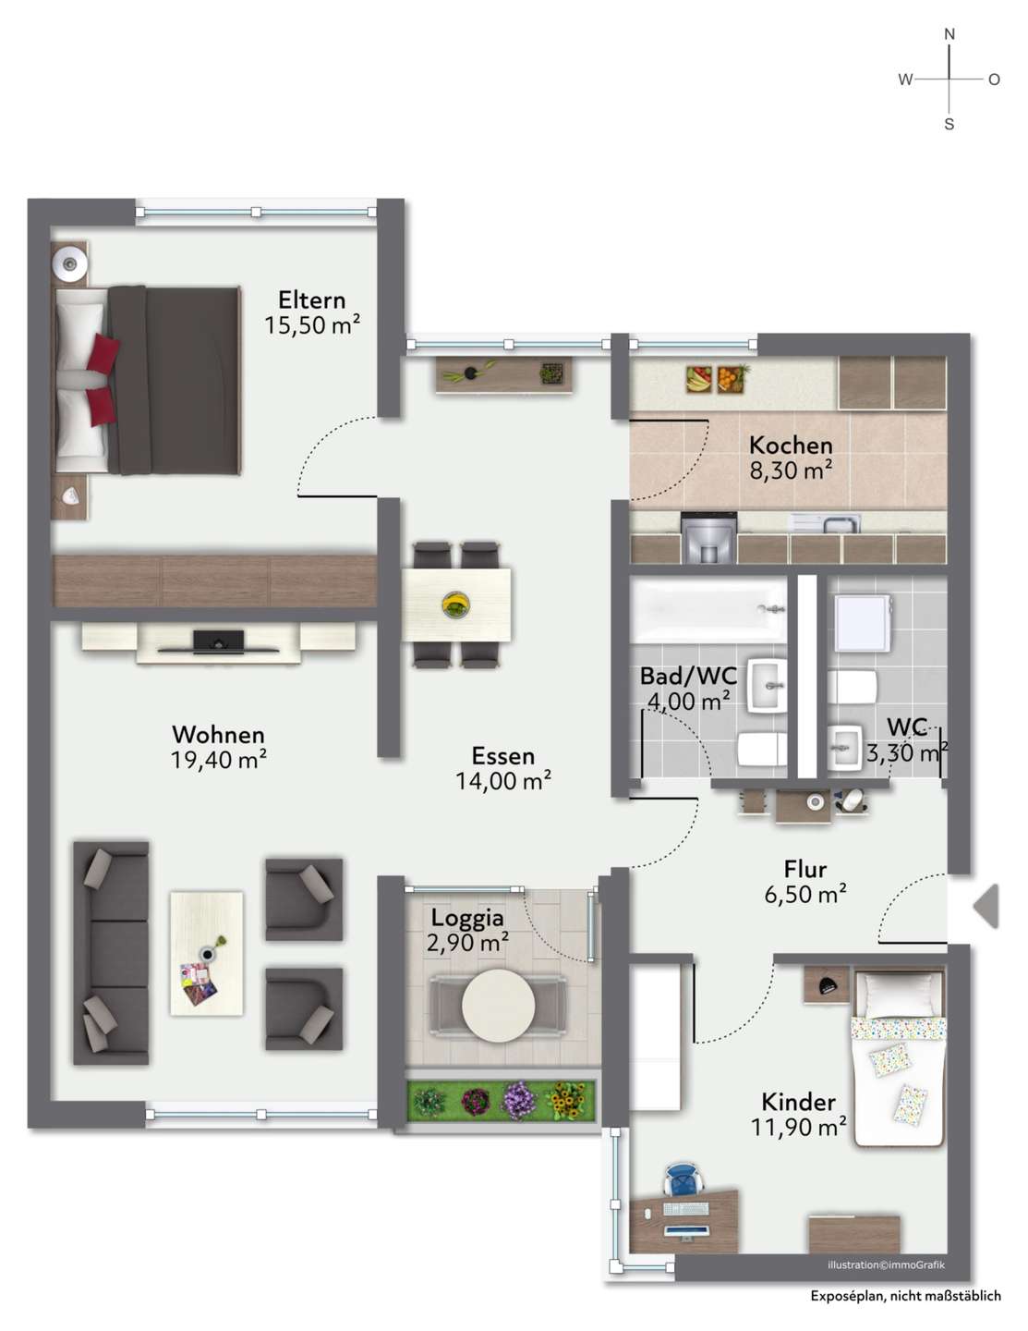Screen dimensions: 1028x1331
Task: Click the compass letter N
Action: click(x=949, y=34)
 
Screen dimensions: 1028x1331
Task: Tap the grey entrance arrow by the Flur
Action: click(x=986, y=906)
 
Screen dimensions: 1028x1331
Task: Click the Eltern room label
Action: click(x=312, y=300)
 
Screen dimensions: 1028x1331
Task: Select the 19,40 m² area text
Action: click(x=219, y=760)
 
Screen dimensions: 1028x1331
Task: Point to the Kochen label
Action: click(x=791, y=446)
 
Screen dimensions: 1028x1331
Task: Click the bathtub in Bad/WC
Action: click(x=708, y=610)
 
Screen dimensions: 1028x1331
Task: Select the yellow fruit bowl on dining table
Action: click(x=456, y=604)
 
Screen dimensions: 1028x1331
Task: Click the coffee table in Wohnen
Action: click(x=206, y=954)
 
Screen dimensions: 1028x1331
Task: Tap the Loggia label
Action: click(x=467, y=918)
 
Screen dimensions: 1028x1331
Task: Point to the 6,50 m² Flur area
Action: click(x=805, y=895)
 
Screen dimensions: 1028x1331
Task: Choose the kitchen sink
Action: click(x=826, y=523)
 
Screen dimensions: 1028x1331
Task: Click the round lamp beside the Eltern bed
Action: click(x=70, y=263)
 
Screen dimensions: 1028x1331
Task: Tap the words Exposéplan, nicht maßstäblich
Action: click(x=905, y=1296)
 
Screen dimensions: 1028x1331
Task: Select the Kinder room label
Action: click(x=799, y=1102)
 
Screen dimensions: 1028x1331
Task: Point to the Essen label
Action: click(x=503, y=756)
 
